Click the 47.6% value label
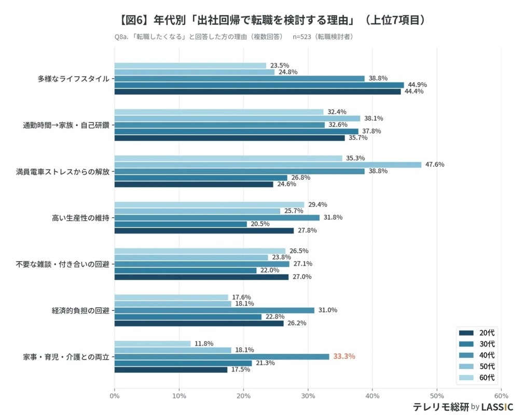pyautogui.click(x=435, y=164)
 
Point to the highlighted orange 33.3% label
pyautogui.click(x=344, y=356)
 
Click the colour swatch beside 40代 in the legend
pyautogui.click(x=467, y=355)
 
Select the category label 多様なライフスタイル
pyautogui.click(x=73, y=79)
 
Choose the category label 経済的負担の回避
pyautogui.click(x=80, y=310)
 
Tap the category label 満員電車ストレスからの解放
pyautogui.click(x=62, y=171)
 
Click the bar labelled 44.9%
pyautogui.click(x=259, y=85)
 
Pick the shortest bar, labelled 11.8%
pyautogui.click(x=153, y=343)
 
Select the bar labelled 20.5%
pyautogui.click(x=181, y=224)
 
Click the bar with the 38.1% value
pyautogui.click(x=237, y=118)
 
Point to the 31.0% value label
pyautogui.click(x=327, y=310)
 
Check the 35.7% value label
pyautogui.click(x=358, y=138)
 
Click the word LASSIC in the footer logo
pyautogui.click(x=497, y=407)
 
